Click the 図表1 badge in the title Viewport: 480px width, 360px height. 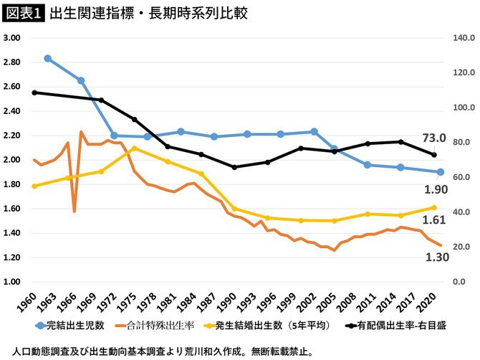coord(24,14)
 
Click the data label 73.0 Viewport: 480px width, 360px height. coord(433,138)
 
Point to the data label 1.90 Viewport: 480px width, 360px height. coord(436,189)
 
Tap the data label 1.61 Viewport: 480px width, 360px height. coord(436,220)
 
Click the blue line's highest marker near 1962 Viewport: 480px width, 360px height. coord(47,58)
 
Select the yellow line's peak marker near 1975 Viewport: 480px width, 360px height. coord(134,148)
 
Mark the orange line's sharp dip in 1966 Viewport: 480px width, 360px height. coord(75,211)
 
